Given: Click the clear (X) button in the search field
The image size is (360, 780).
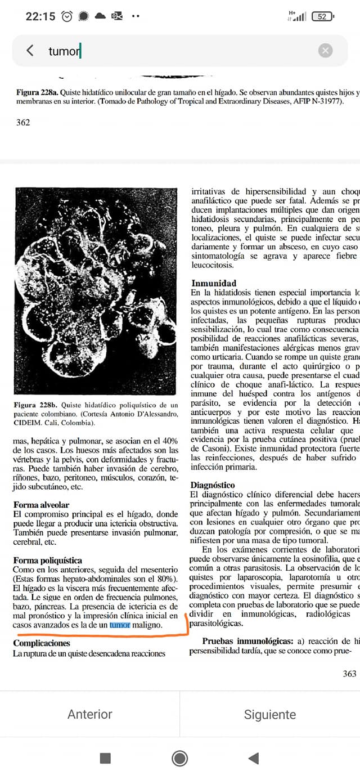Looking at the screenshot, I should point(325,51).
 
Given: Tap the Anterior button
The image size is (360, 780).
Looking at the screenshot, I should point(90,714).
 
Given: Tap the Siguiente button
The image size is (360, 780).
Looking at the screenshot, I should point(270,714).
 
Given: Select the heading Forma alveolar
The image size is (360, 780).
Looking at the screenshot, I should point(42,505).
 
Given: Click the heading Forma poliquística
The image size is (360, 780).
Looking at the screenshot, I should point(48,560).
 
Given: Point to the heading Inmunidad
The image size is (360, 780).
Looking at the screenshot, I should point(214,283).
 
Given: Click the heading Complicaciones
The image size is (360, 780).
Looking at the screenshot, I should point(42,643).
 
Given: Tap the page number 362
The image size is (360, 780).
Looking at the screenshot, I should point(23,122).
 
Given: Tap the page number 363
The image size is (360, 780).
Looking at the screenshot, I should point(349,674).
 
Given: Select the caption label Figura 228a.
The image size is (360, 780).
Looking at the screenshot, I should point(35,92).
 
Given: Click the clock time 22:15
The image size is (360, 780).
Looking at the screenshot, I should point(40,17).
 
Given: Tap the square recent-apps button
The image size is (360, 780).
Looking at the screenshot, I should point(105,758).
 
